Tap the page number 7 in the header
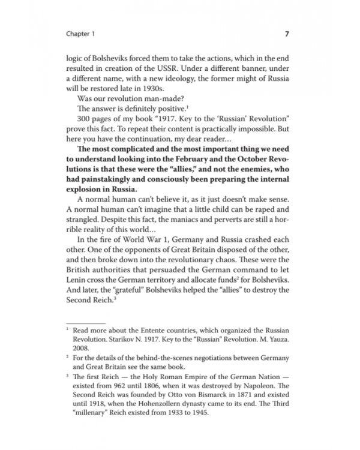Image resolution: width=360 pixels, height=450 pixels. (x=287, y=34)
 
